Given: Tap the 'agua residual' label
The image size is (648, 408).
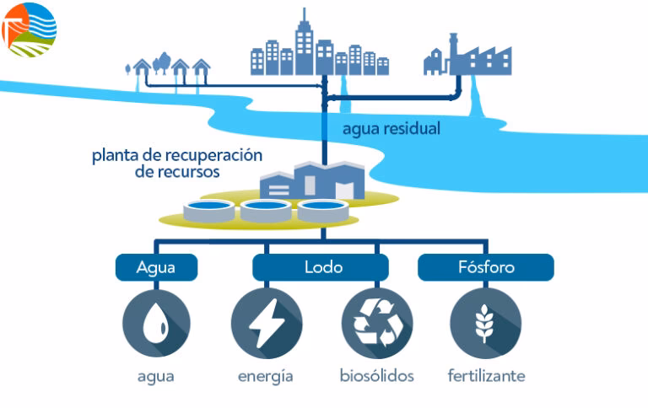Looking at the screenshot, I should coord(391,130).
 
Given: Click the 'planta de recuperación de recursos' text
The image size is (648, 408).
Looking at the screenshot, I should coord(177,164).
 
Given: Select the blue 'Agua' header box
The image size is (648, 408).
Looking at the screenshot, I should coord(156,268).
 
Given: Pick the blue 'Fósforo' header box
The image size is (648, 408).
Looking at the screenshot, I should coord(485,268).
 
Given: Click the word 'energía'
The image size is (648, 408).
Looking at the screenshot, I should coord(266,376).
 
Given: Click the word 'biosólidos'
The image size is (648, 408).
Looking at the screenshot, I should coord(376,376).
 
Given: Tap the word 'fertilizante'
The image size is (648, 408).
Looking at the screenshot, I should coord(486,376).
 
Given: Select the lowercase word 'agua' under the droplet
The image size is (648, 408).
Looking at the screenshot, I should coord(156,376).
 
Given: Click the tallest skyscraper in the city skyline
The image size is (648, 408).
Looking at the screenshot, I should coord(304,42).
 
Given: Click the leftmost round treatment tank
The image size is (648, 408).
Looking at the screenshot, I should coord(209,211).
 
